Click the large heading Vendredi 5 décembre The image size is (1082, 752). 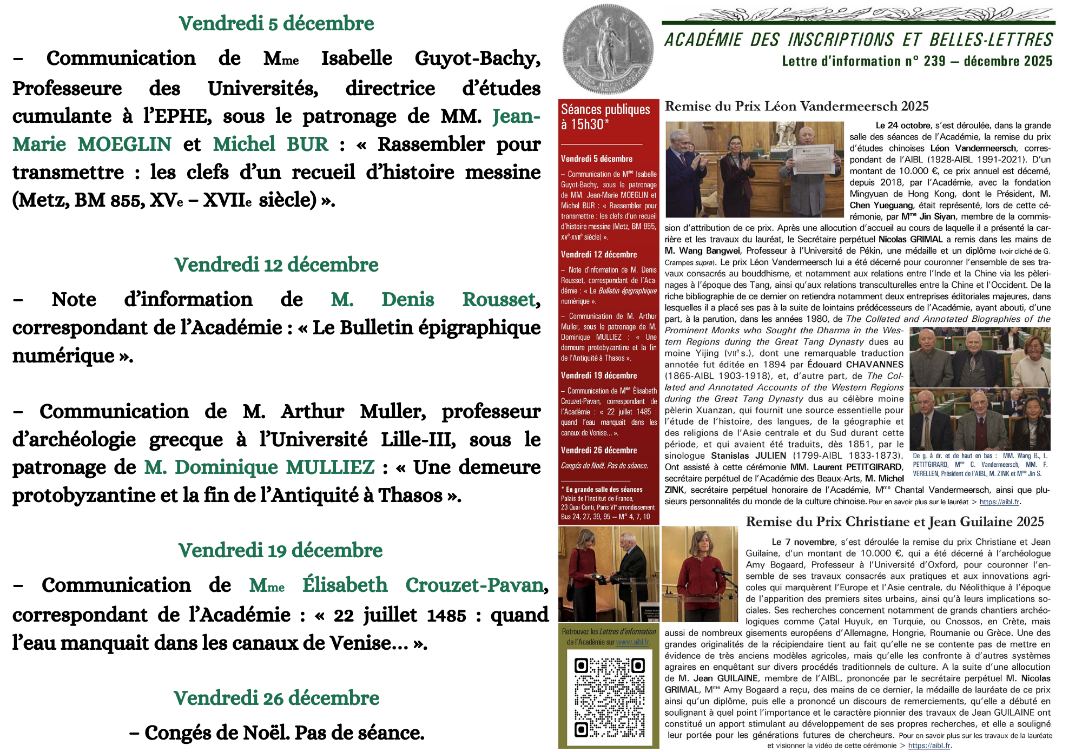(x=276, y=24)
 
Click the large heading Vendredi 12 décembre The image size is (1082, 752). (x=276, y=265)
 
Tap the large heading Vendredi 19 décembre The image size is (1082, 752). (x=280, y=551)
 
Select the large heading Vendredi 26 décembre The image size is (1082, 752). (x=276, y=698)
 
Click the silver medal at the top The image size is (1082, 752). (x=608, y=49)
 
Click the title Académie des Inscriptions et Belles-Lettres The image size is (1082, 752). (x=858, y=40)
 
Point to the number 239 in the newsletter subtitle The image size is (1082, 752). (x=934, y=61)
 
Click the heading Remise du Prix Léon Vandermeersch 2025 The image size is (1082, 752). (x=796, y=107)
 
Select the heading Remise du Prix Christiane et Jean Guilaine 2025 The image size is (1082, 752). (x=895, y=522)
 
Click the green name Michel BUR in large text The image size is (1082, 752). (x=270, y=144)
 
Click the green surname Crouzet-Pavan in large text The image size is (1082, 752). (x=474, y=585)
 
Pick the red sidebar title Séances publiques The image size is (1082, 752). (x=605, y=110)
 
